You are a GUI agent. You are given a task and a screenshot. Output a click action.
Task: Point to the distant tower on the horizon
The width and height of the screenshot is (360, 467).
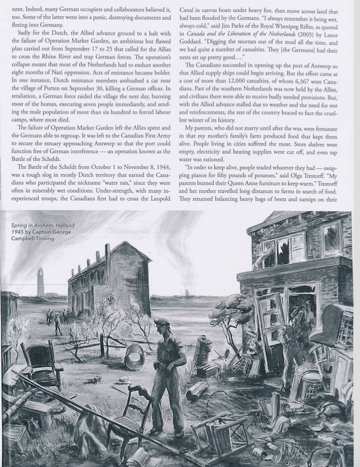click(40, 282)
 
